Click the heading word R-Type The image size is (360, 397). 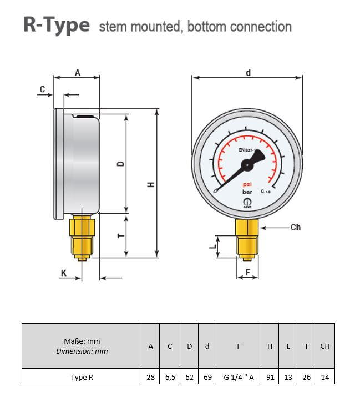[56, 26]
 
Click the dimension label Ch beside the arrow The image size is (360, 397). [295, 227]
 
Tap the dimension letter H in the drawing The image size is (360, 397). [150, 185]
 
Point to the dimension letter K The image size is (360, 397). [64, 273]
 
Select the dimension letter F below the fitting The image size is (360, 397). [247, 272]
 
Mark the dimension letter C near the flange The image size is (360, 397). [42, 89]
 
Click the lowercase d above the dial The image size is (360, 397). [248, 73]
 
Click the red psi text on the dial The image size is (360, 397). [247, 185]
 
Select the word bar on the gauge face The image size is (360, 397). [247, 193]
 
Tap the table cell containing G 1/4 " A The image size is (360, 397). [239, 377]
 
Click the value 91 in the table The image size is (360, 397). [270, 377]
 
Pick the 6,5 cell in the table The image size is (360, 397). [170, 377]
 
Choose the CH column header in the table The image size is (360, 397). [324, 346]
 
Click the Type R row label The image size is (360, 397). [82, 377]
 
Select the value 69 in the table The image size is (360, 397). [207, 377]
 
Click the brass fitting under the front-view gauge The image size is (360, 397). [247, 237]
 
